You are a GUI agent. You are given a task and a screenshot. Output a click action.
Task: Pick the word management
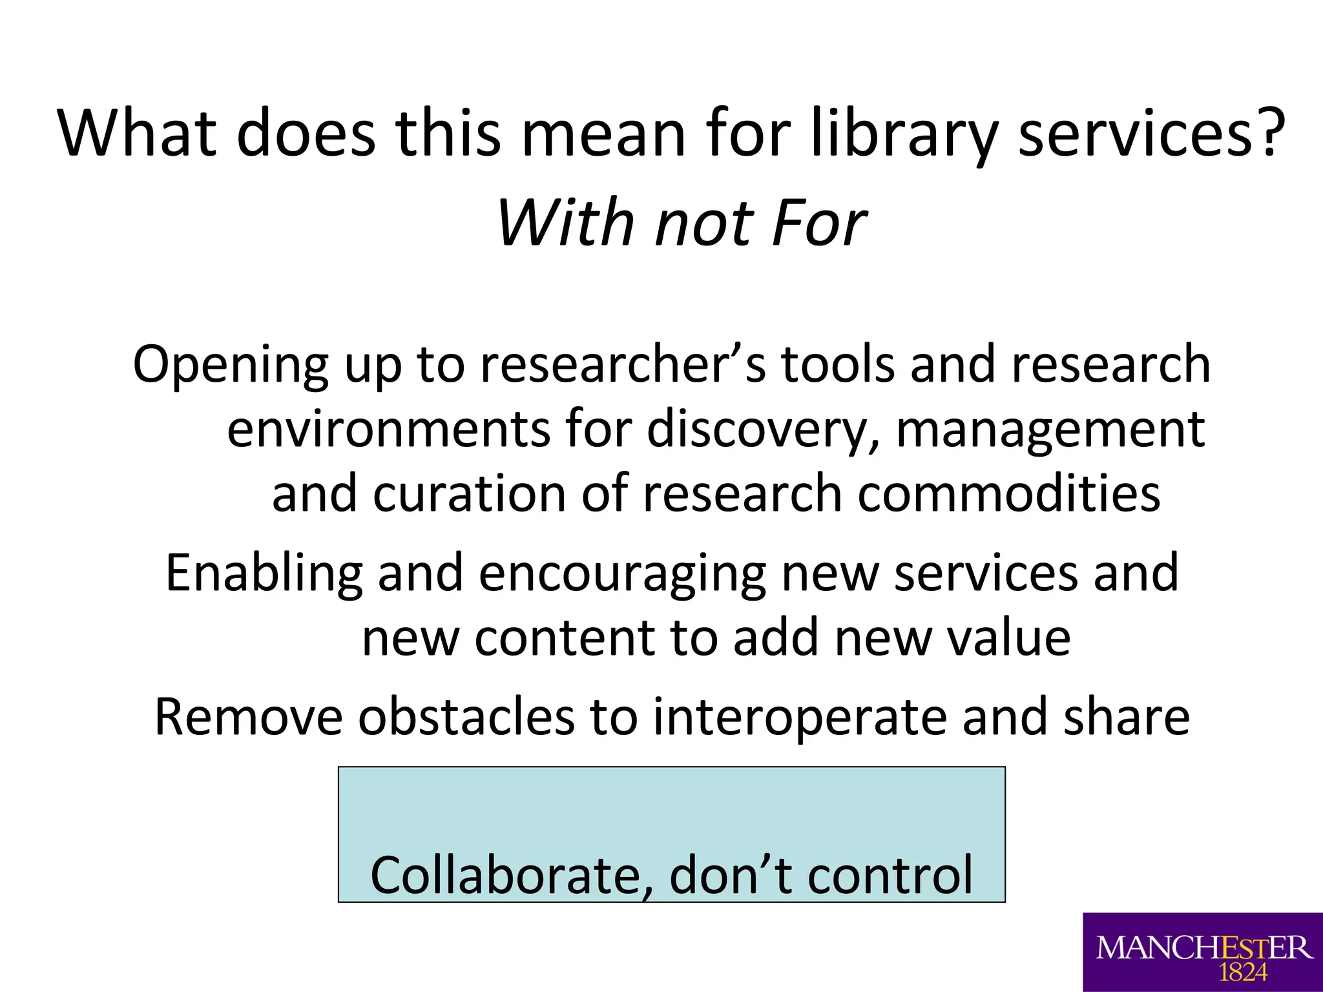pyautogui.click(x=1050, y=430)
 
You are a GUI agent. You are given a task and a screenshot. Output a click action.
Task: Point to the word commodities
pyautogui.click(x=1008, y=493)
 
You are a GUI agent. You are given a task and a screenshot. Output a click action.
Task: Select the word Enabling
pyautogui.click(x=264, y=573)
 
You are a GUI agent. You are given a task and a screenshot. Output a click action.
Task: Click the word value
pyautogui.click(x=1008, y=638)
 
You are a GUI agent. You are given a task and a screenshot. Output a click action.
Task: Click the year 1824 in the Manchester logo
pyautogui.click(x=1243, y=972)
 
